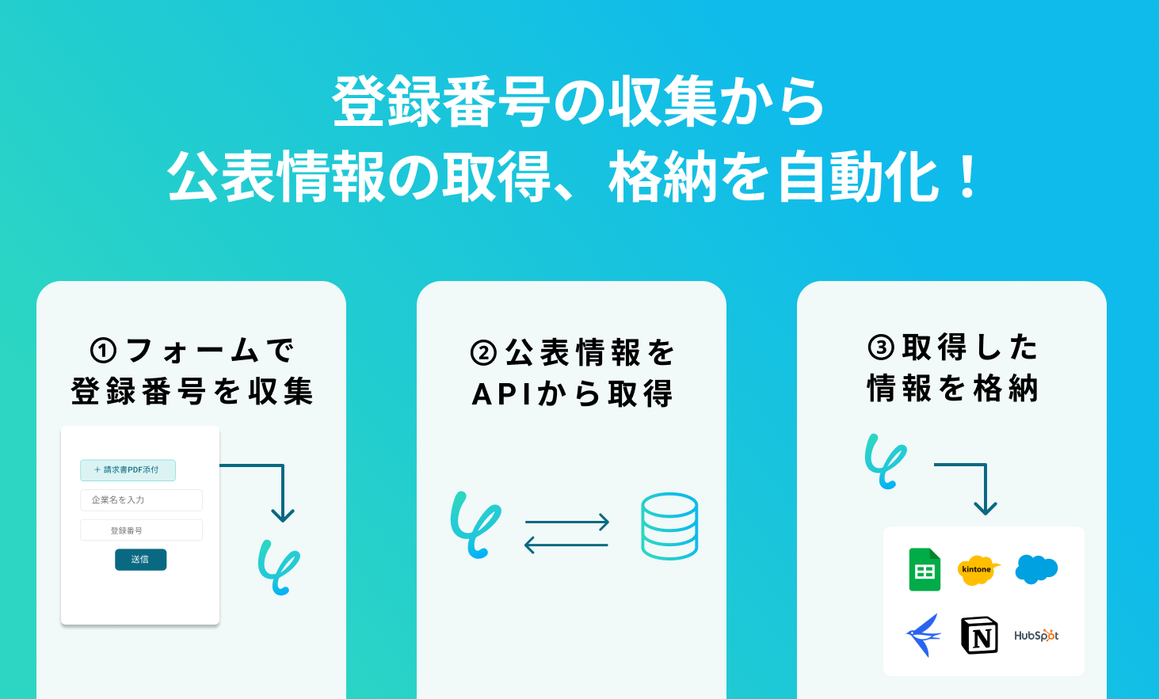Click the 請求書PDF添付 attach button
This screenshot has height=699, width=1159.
[128, 470]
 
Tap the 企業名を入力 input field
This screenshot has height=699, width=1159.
[141, 500]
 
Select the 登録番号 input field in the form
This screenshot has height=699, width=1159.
[141, 530]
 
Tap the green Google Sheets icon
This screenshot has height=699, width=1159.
[925, 570]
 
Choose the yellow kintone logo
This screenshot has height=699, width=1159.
[978, 570]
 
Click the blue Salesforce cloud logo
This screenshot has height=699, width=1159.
[1036, 568]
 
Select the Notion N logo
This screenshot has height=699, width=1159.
[979, 635]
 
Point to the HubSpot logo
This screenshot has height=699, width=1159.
[1036, 635]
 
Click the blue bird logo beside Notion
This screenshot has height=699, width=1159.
[924, 635]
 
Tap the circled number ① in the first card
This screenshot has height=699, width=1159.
[104, 351]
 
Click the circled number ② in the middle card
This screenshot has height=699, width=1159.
[483, 353]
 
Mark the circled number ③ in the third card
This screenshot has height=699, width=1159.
[881, 348]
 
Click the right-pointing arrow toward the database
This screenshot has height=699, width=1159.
[567, 522]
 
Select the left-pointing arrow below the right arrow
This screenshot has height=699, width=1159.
[566, 545]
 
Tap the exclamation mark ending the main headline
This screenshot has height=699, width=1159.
[967, 178]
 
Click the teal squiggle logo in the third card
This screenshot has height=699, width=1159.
[885, 461]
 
